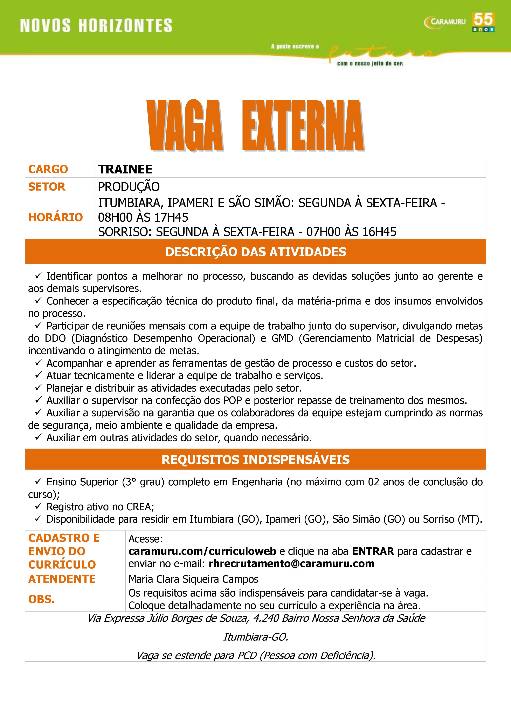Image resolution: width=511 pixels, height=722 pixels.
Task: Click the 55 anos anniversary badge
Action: tap(483, 22)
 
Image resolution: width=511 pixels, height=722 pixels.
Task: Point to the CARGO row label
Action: tap(48, 169)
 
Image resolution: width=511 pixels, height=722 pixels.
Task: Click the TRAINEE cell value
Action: tap(125, 169)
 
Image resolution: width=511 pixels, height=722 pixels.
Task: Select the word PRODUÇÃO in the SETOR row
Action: tap(129, 187)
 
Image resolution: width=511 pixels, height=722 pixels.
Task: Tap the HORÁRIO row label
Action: tap(55, 217)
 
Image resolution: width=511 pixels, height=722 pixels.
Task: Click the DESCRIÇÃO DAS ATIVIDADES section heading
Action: tap(255, 252)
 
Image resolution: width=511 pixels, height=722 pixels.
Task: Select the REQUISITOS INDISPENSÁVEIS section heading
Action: tap(255, 460)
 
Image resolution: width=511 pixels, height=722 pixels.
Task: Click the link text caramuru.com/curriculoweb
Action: tap(202, 551)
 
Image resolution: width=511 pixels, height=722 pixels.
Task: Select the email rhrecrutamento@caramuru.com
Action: tap(291, 564)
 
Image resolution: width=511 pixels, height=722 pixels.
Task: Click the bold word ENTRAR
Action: tap(373, 551)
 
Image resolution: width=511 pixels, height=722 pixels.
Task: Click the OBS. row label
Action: tap(41, 599)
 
